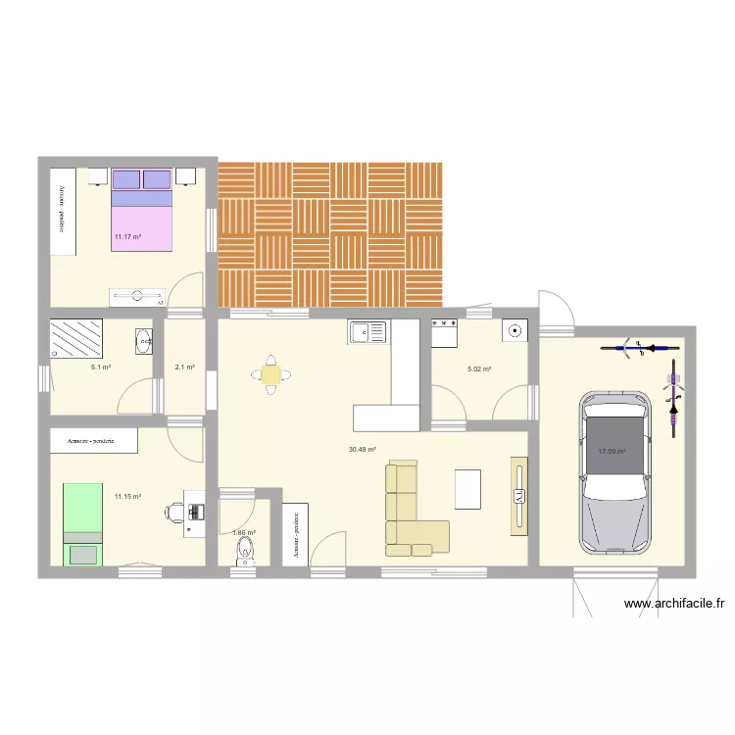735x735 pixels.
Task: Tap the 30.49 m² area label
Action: [x=362, y=450]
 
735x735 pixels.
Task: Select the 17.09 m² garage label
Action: [x=612, y=451]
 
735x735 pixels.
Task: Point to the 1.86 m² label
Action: [x=244, y=533]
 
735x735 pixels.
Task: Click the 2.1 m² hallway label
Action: [x=184, y=367]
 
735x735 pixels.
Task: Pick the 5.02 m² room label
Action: [x=479, y=368]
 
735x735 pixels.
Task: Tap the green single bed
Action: [x=83, y=523]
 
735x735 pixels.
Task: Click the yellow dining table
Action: [x=270, y=373]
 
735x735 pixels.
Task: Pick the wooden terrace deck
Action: [x=330, y=233]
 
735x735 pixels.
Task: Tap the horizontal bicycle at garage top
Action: [x=636, y=346]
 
